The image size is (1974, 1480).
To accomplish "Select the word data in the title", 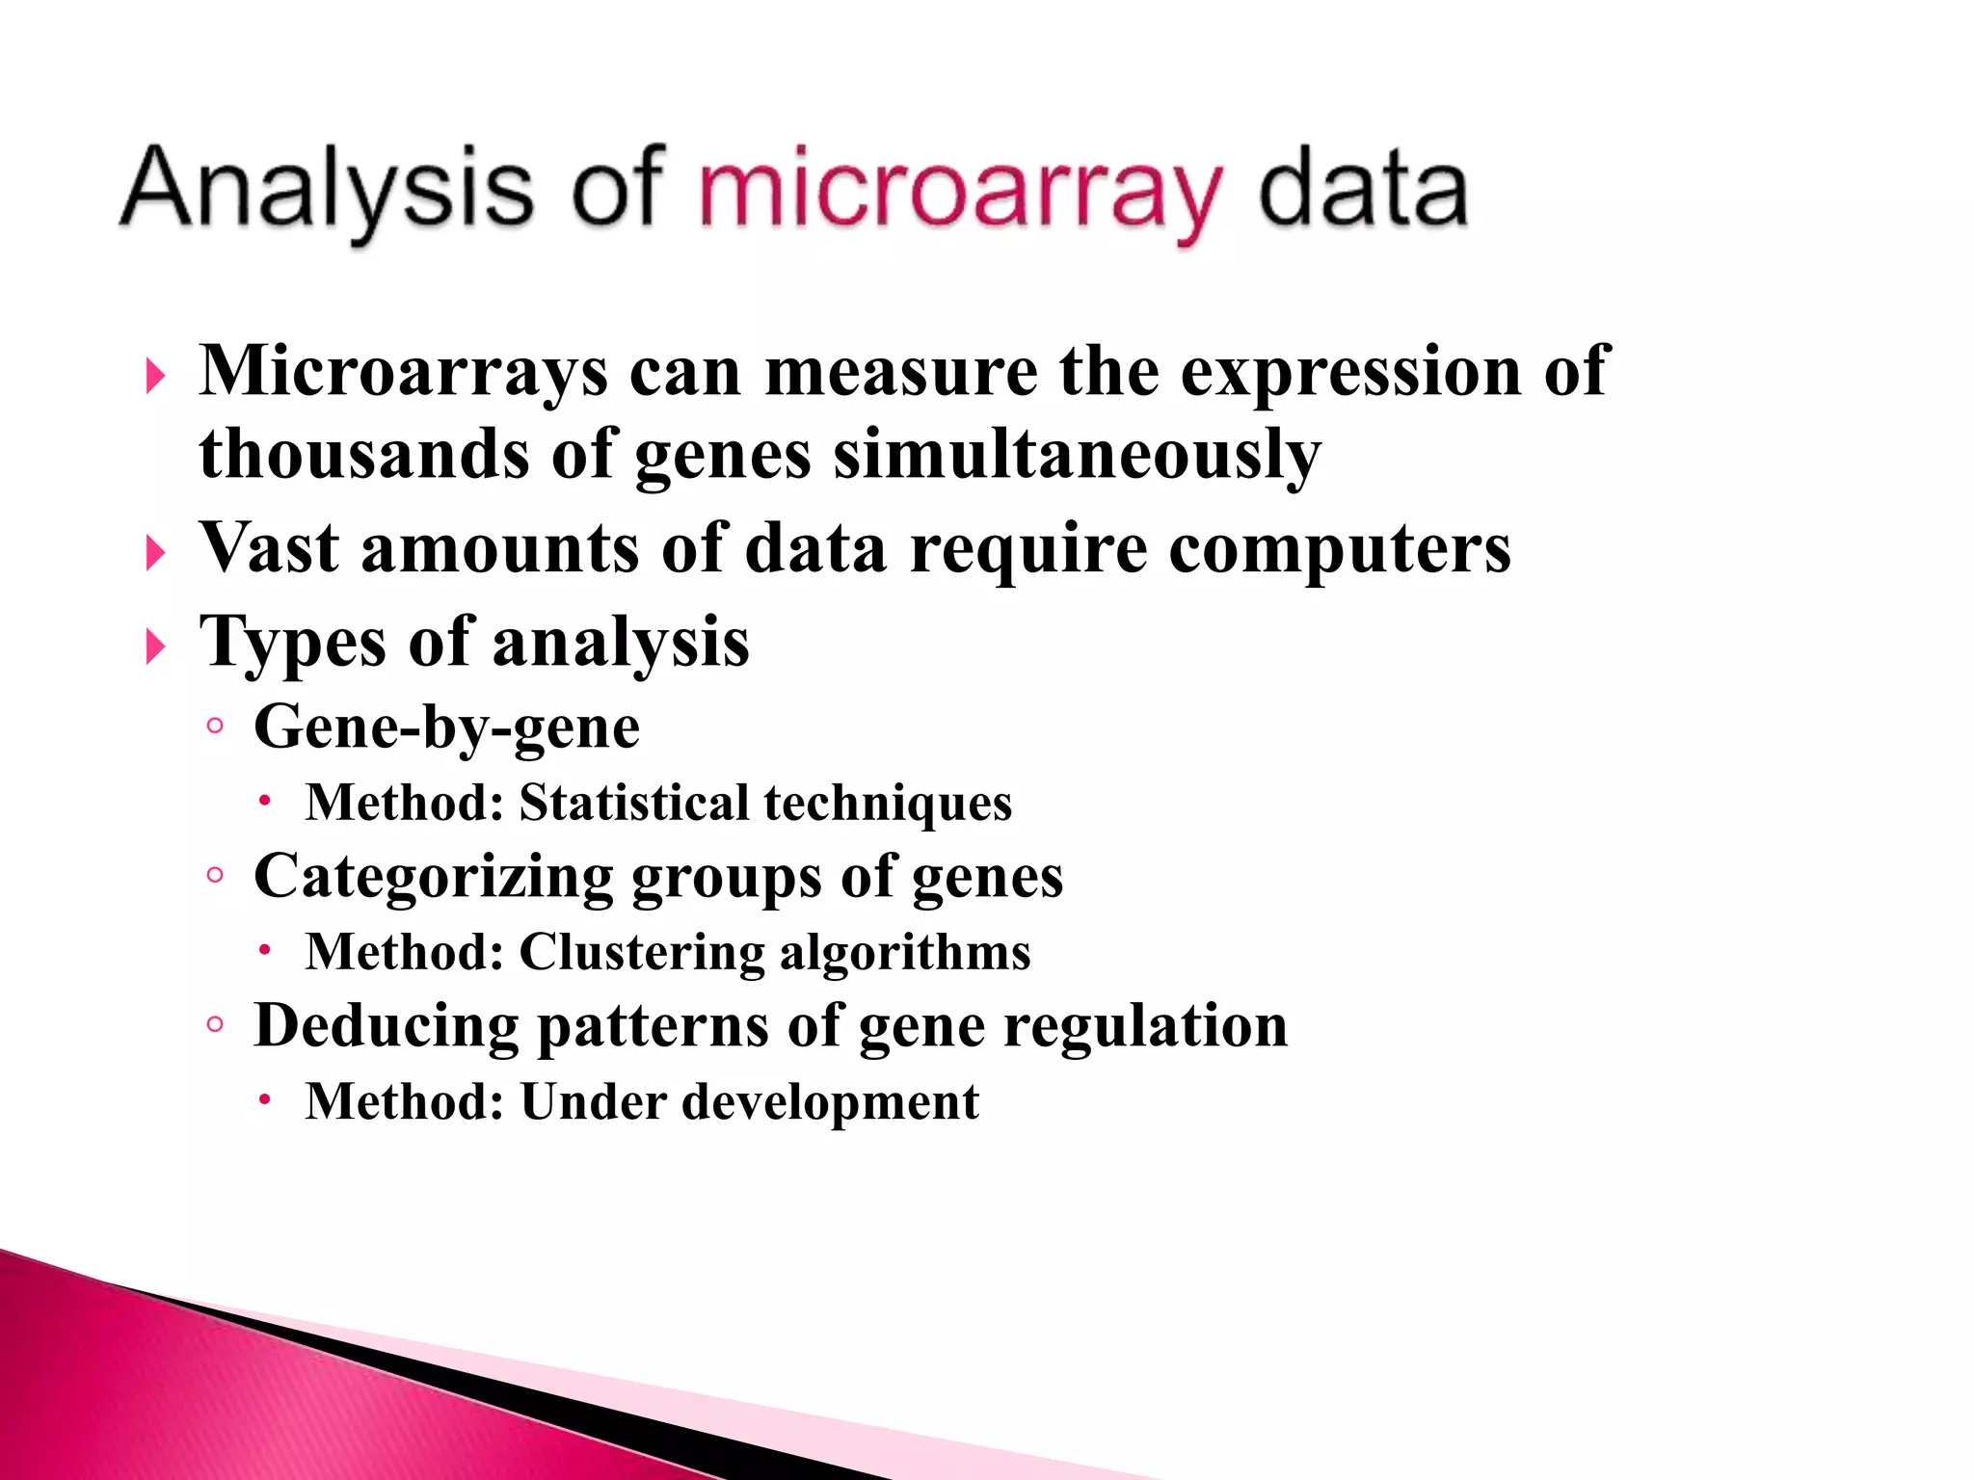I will tap(1363, 189).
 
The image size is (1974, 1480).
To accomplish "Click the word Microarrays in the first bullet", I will tap(404, 371).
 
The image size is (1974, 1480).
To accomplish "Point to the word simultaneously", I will tap(1077, 455).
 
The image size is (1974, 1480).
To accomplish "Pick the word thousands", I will tap(363, 455).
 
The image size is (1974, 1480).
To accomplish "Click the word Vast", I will tap(269, 548).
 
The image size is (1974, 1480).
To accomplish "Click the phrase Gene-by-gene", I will tap(446, 728).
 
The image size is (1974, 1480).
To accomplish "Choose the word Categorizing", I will tap(433, 878).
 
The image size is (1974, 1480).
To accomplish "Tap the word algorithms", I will tap(905, 952).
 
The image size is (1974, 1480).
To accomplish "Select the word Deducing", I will tap(386, 1025).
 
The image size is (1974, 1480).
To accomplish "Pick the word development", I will tap(830, 1102).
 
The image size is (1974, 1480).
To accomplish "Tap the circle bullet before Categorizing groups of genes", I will tap(215, 875).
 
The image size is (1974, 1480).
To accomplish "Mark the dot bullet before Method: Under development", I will tap(265, 1099).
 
